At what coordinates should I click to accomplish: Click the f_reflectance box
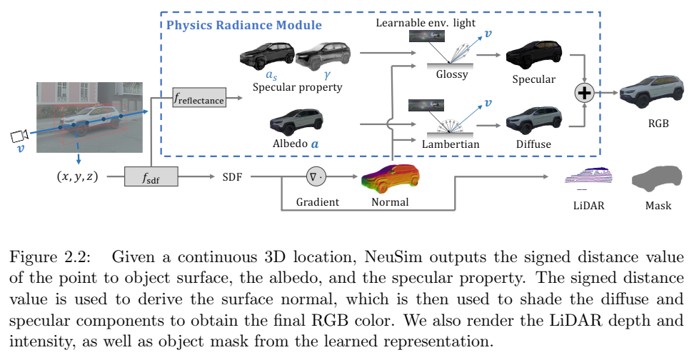199,97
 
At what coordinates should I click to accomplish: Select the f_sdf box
151,176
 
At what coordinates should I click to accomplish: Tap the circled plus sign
585,93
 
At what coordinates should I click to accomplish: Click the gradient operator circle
316,176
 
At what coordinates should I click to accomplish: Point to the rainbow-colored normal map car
391,178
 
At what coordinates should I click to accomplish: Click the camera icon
19,135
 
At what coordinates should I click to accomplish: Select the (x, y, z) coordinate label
77,176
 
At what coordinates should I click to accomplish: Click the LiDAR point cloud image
589,179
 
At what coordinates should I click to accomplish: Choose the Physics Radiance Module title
244,25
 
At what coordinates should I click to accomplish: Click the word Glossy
451,74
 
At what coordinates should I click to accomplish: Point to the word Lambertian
451,144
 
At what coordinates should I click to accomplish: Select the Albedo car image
296,122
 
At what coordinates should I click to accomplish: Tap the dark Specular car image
534,55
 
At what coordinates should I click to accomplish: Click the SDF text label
232,177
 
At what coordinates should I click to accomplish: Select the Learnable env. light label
426,23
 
